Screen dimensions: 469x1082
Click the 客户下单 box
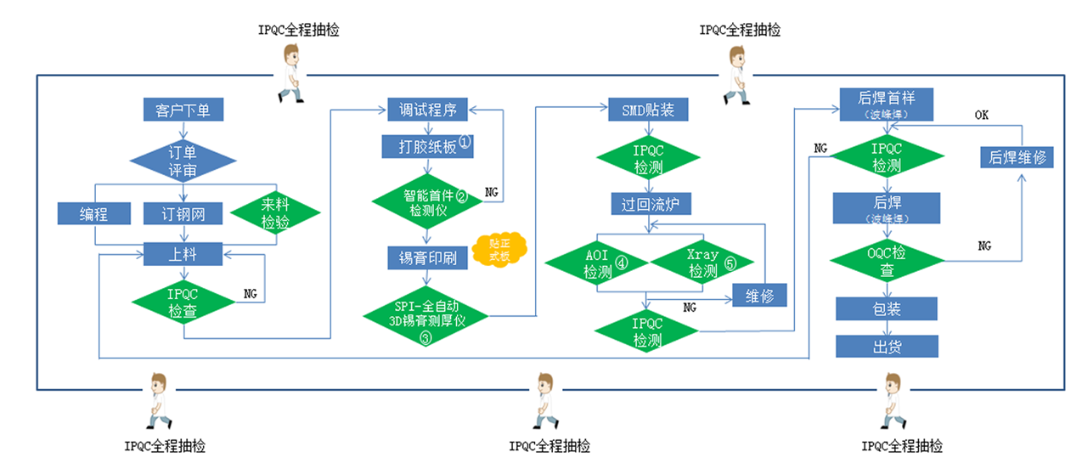click(183, 110)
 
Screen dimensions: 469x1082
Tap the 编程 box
click(93, 213)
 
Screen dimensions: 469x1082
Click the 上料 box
click(183, 253)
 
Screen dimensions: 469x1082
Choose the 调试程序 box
click(422, 110)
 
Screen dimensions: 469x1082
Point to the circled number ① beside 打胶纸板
click(465, 141)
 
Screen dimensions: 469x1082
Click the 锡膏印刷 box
click(422, 257)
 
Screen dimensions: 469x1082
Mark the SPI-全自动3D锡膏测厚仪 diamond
click(426, 318)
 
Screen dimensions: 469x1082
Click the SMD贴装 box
click(648, 110)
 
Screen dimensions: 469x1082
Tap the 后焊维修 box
click(1017, 157)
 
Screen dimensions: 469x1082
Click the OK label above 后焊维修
click(982, 115)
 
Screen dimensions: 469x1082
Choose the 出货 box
click(887, 346)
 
